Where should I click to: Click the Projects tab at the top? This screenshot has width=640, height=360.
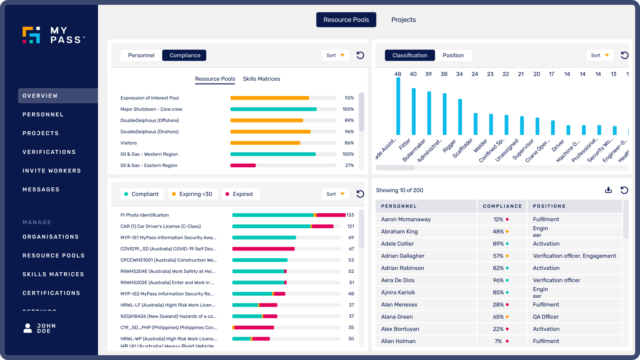[x=403, y=20]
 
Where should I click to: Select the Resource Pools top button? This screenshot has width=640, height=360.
[x=346, y=20]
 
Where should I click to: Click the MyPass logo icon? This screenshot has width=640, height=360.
[x=31, y=35]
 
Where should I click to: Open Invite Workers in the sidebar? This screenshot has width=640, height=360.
[x=52, y=171]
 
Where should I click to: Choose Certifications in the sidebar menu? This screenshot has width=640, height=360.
[x=51, y=293]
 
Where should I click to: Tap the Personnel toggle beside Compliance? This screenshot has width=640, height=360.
[x=141, y=55]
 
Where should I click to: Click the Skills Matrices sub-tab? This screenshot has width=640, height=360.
[x=261, y=79]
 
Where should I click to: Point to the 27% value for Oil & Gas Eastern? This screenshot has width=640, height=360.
[x=349, y=165]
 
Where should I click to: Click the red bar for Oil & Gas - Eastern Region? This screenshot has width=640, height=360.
[x=243, y=165]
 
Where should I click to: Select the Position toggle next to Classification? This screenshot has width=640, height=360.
[x=453, y=55]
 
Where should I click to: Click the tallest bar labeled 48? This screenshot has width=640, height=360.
[x=398, y=106]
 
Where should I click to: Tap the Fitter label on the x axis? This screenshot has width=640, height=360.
[x=404, y=144]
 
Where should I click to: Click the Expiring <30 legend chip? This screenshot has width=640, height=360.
[x=192, y=194]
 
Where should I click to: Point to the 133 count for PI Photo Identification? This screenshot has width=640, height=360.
[x=350, y=215]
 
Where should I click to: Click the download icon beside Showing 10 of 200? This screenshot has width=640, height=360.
[x=608, y=190]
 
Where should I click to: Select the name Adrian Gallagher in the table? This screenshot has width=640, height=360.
[x=402, y=256]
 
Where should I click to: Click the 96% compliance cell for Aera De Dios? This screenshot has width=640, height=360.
[x=498, y=280]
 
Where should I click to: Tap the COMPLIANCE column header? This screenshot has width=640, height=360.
[x=502, y=206]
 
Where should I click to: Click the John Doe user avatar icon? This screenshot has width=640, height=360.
[x=28, y=328]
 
